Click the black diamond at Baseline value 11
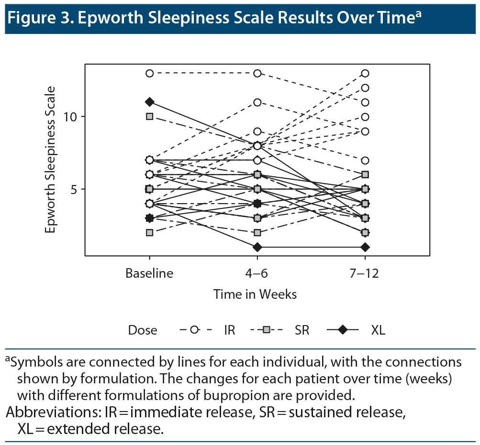click(150, 102)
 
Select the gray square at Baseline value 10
click(150, 116)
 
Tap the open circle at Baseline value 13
click(150, 73)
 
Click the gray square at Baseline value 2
click(150, 232)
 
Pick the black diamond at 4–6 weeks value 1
click(257, 247)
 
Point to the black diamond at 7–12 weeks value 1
click(365, 247)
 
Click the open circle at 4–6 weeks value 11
click(257, 102)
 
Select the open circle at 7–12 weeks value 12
click(365, 87)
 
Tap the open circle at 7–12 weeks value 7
click(365, 160)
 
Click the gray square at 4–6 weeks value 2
click(257, 232)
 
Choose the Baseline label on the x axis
click(149, 273)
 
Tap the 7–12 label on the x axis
click(365, 273)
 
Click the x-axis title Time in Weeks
click(255, 294)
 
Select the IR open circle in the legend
click(194, 330)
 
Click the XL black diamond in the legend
click(342, 330)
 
